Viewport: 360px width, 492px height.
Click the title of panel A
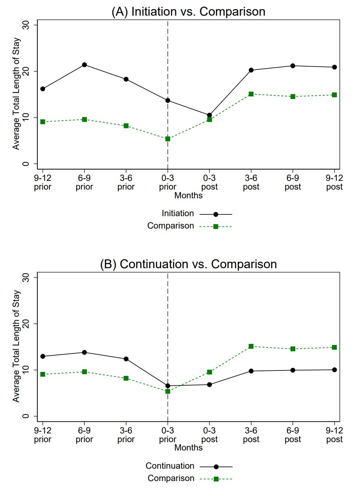(188, 12)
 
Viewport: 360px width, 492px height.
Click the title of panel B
(188, 264)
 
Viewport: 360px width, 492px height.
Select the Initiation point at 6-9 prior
(84, 65)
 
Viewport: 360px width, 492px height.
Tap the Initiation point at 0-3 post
(209, 115)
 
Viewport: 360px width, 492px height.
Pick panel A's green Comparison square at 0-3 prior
(168, 139)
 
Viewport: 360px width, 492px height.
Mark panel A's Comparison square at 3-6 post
(251, 94)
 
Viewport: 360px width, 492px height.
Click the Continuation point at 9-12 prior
(43, 356)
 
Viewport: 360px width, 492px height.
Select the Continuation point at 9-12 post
(334, 370)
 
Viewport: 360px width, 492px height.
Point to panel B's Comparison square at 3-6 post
(251, 346)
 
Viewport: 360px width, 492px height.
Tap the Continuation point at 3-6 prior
(126, 359)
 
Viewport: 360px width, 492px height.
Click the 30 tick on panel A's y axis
(25, 25)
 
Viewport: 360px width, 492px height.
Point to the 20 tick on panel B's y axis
(25, 324)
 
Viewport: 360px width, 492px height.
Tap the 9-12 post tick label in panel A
(334, 182)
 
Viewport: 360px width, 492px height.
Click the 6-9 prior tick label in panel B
(84, 435)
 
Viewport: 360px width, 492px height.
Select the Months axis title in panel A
(188, 195)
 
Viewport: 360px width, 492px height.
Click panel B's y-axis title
(16, 346)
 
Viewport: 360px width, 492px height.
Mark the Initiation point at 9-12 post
(334, 67)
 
